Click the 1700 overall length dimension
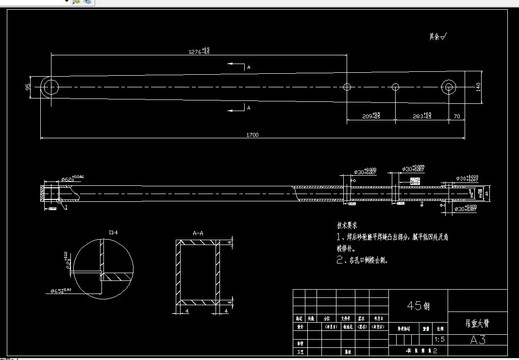coord(252,135)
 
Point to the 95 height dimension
coord(28,87)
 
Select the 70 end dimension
coord(456,117)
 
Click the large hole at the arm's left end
coord(50,87)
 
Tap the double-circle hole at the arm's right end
coord(448,87)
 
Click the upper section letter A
coord(249,67)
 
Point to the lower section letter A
coord(249,108)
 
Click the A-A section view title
coord(198,233)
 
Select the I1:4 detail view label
coord(113,233)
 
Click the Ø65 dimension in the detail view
coord(59,291)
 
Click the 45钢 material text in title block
coord(418,306)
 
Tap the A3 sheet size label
coord(478,340)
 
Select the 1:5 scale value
coord(440,340)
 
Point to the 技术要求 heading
coord(347,226)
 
